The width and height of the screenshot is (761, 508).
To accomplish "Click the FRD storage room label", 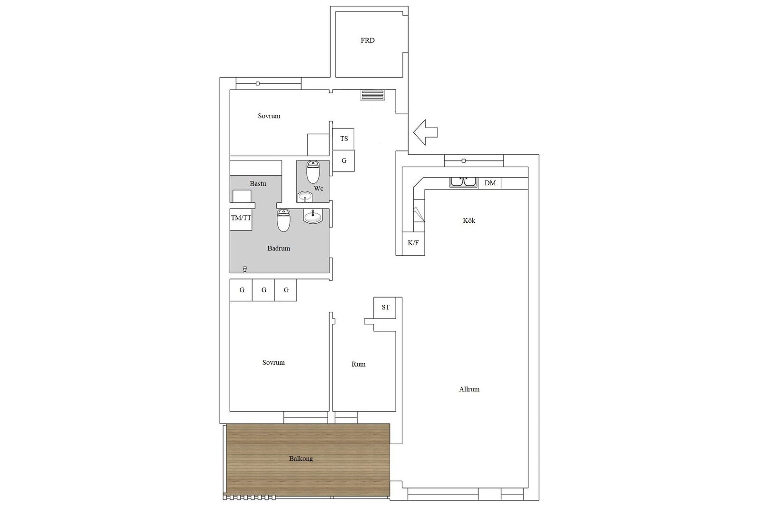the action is (x=368, y=40).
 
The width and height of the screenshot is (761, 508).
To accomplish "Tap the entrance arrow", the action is (x=425, y=132).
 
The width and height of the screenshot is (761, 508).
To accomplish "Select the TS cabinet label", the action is (x=344, y=139).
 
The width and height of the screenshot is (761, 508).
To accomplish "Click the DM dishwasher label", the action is (x=490, y=183).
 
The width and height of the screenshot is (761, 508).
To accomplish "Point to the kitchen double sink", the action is (x=463, y=182).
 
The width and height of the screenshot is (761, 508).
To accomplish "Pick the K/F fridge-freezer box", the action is (x=413, y=243).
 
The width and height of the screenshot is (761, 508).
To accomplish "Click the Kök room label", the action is (x=469, y=221).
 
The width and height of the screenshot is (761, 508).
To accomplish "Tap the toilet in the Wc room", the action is (x=313, y=172).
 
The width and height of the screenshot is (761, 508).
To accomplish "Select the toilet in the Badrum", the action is (x=283, y=220).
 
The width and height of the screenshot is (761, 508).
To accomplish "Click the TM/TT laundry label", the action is (x=241, y=218).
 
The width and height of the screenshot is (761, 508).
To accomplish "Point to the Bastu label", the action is (x=258, y=184).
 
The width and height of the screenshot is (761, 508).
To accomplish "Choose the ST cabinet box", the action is (x=385, y=308).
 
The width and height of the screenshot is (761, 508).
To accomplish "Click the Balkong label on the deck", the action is (x=301, y=458).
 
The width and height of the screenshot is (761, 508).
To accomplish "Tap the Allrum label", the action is (x=469, y=389).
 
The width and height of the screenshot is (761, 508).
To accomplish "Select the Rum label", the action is (x=359, y=364).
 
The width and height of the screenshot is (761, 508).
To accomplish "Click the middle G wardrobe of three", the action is (x=263, y=290).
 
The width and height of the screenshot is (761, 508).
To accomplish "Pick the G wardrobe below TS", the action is (x=343, y=161).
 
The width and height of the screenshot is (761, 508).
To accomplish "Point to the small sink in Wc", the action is (x=305, y=197).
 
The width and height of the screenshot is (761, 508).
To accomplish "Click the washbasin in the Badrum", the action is (x=312, y=216).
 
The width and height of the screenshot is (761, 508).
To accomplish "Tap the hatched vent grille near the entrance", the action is (x=373, y=95).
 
